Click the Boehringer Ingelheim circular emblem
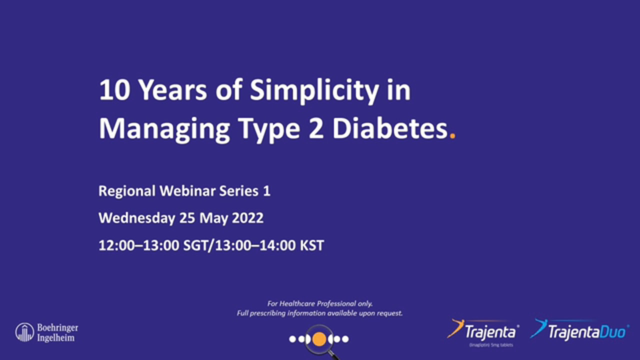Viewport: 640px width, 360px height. [24, 332]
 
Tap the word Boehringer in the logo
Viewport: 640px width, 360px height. [57, 328]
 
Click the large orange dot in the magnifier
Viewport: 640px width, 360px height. [319, 339]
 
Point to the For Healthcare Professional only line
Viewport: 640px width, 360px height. [320, 303]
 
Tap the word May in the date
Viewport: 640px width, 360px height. [209, 218]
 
